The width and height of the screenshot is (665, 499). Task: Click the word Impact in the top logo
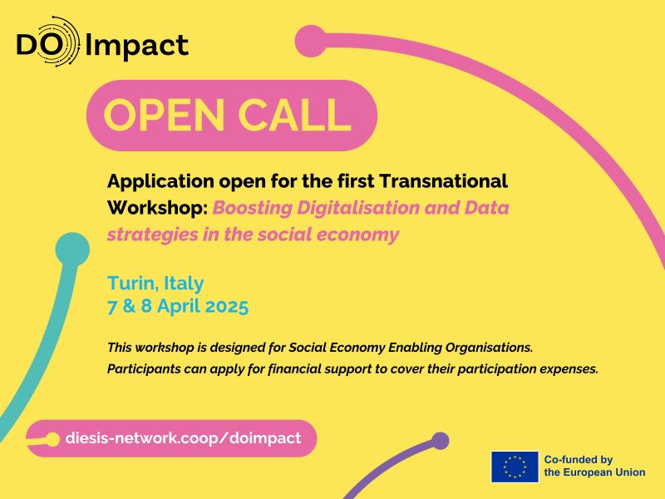(x=138, y=44)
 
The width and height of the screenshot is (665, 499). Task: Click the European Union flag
(x=514, y=467)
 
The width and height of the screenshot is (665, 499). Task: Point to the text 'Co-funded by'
(x=578, y=459)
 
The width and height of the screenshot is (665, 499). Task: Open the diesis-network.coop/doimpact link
(x=183, y=437)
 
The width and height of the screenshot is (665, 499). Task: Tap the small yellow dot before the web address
(x=52, y=437)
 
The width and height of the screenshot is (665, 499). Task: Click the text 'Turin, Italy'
(x=155, y=283)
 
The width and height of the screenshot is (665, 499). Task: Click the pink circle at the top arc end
(x=311, y=40)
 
